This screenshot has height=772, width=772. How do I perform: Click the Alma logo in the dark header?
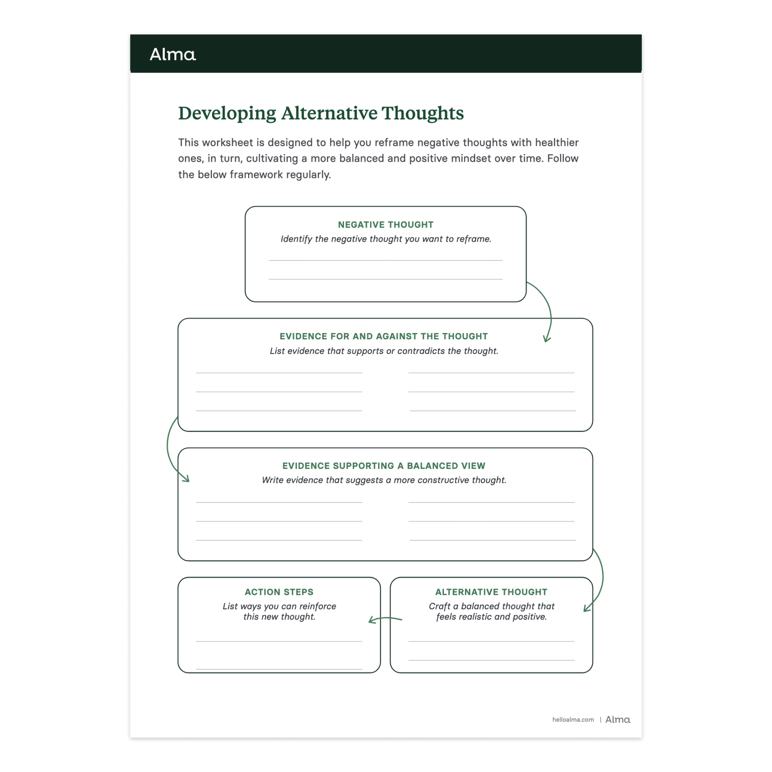click(x=172, y=54)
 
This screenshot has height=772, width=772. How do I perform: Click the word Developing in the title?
click(x=227, y=113)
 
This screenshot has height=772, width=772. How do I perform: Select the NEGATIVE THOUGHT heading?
click(x=386, y=225)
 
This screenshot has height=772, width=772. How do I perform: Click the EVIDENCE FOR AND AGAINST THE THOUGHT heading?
click(x=384, y=336)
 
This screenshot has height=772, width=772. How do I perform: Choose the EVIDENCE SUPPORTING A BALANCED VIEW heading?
click(x=384, y=466)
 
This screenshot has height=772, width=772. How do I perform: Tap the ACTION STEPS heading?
click(x=279, y=592)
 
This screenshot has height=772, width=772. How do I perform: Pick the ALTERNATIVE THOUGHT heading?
click(x=491, y=592)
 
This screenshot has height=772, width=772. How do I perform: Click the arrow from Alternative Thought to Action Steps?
click(x=385, y=619)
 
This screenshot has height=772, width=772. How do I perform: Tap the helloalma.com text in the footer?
click(x=573, y=720)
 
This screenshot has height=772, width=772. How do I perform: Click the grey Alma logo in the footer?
click(x=618, y=720)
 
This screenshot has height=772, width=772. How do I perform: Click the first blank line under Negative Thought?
click(x=386, y=260)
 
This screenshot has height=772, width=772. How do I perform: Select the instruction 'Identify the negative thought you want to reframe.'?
click(x=386, y=239)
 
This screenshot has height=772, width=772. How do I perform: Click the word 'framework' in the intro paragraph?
click(x=256, y=175)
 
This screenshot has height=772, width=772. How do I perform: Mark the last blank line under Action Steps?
click(x=279, y=669)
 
